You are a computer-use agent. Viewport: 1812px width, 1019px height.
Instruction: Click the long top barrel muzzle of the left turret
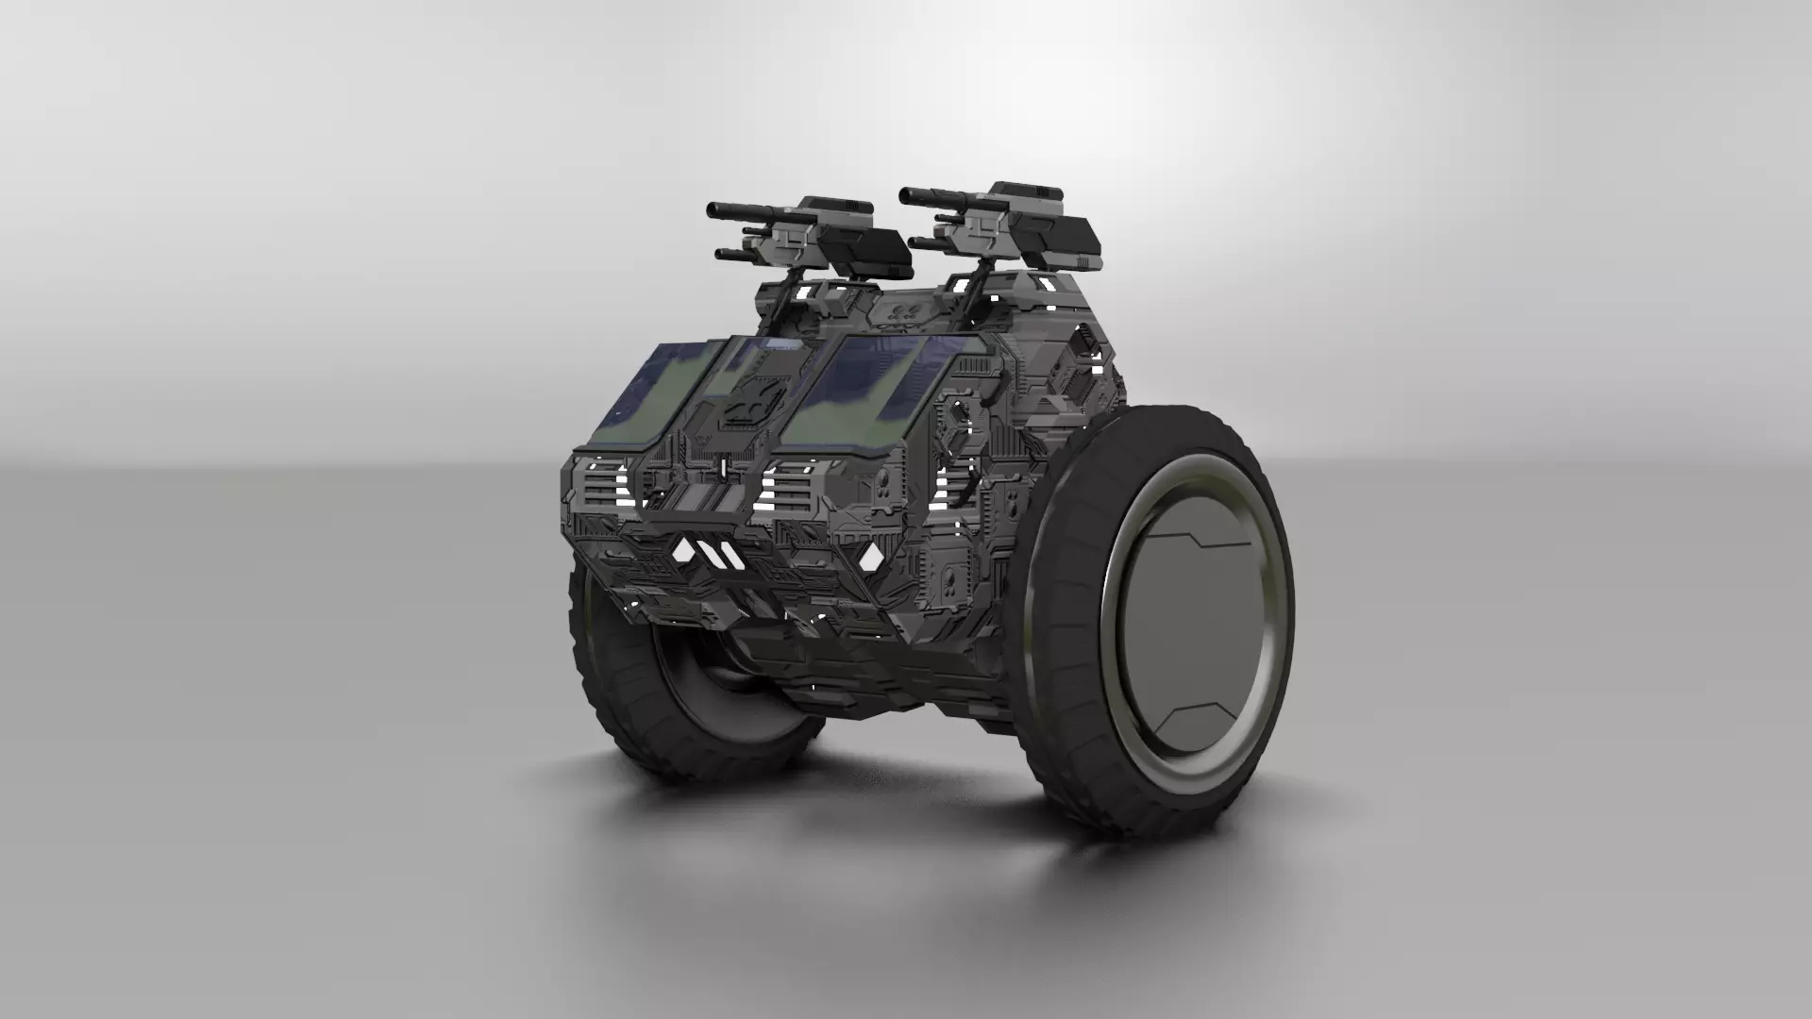[x=714, y=208]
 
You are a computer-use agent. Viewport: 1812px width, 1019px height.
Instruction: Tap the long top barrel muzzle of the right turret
[x=906, y=196]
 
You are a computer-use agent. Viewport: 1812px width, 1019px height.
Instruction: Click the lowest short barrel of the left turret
[x=721, y=254]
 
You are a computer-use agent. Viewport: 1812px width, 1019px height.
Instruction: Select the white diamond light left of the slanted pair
[x=682, y=551]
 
